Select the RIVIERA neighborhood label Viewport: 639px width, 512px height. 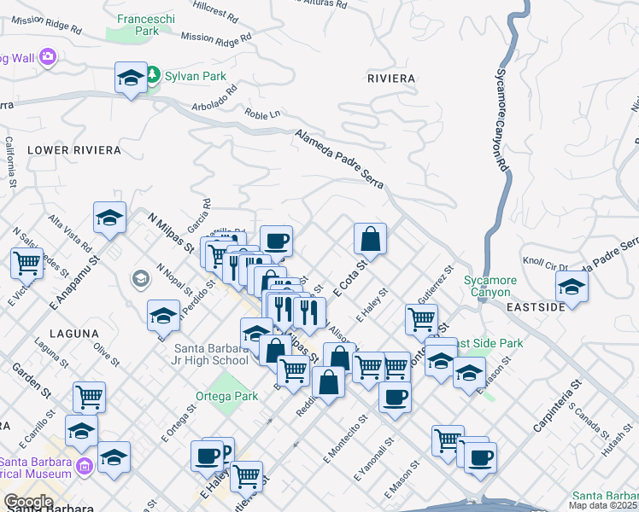coord(390,79)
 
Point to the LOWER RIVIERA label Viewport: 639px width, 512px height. coord(73,150)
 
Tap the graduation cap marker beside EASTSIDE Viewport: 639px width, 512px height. coord(572,286)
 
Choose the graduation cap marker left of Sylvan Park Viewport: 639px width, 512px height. coord(131,79)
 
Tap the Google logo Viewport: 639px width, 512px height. coord(28,502)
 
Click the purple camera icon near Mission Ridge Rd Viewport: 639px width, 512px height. coord(47,57)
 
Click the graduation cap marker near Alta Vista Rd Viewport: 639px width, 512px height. coord(110,218)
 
